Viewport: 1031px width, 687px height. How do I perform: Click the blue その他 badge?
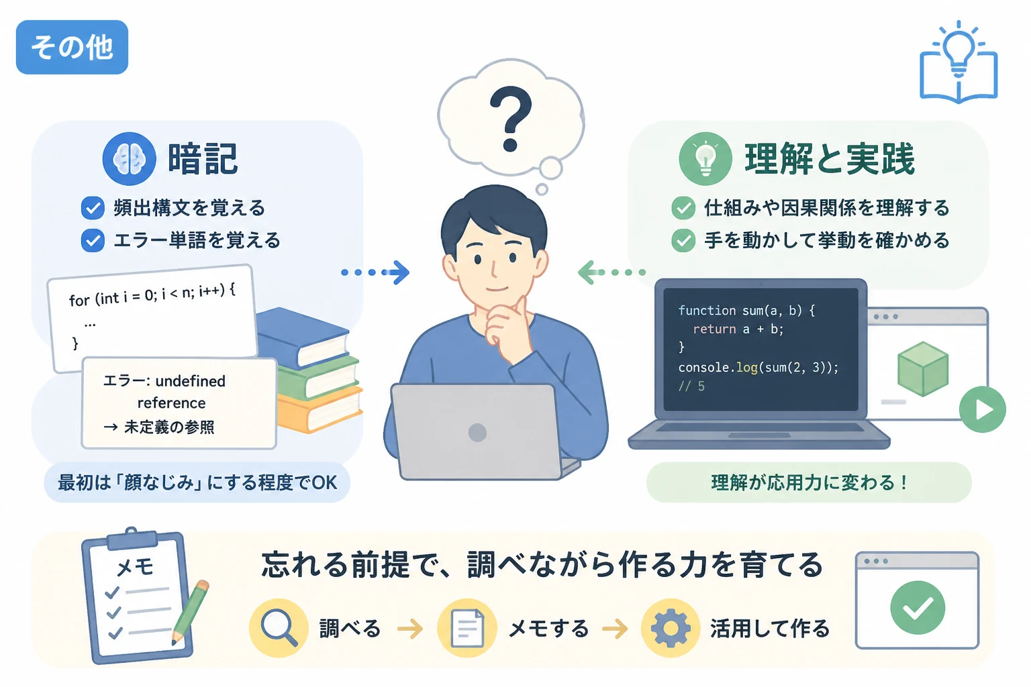click(72, 47)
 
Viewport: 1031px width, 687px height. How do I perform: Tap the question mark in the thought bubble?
click(510, 119)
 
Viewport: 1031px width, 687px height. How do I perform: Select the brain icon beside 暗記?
click(130, 159)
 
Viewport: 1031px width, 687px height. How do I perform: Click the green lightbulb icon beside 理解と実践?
click(705, 159)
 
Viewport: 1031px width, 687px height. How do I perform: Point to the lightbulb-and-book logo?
click(959, 62)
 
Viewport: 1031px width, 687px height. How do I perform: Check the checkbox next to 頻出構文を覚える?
click(93, 208)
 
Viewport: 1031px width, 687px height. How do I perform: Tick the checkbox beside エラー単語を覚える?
click(93, 240)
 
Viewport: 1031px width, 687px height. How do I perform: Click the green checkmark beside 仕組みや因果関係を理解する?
click(683, 208)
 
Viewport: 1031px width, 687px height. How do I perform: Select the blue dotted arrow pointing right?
click(375, 272)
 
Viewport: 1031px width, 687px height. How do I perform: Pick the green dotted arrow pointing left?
click(611, 272)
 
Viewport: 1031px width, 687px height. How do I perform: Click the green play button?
click(982, 409)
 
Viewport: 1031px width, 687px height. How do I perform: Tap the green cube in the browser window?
click(923, 369)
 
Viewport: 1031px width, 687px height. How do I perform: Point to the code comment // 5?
click(691, 386)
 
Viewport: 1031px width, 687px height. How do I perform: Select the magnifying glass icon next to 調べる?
click(279, 628)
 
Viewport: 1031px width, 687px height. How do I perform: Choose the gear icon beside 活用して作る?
click(671, 628)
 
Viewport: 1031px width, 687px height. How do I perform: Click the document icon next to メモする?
click(467, 628)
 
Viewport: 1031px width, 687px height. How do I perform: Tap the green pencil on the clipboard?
click(190, 613)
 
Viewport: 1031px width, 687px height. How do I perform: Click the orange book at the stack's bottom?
click(320, 409)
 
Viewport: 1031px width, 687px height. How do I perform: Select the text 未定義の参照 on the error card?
click(169, 427)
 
